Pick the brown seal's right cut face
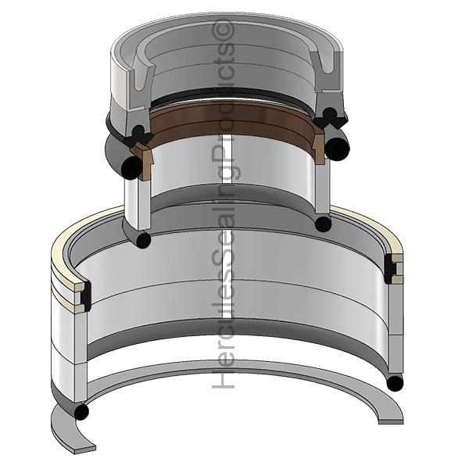[319, 147]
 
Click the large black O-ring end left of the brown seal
[131, 168]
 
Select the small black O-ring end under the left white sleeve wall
[143, 240]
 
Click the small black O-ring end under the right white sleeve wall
[323, 223]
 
